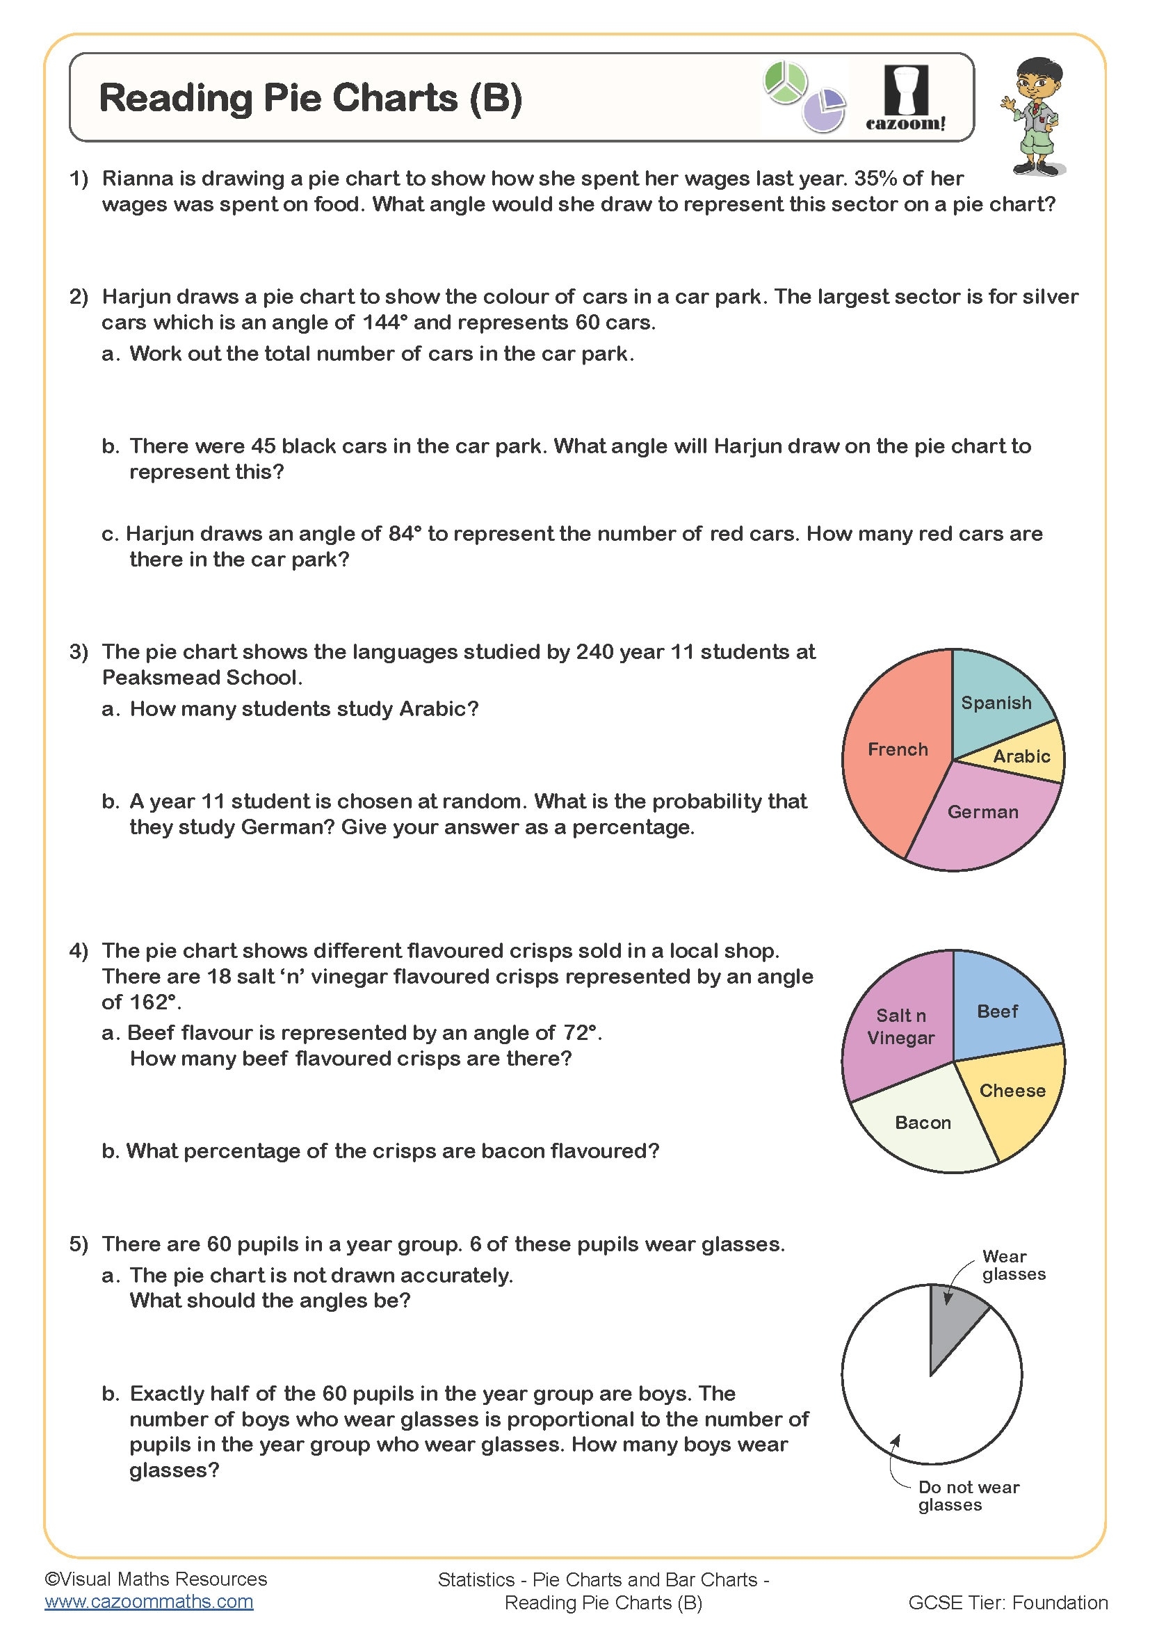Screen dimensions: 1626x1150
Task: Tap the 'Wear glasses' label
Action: (x=1012, y=1265)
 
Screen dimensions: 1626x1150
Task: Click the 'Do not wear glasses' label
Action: (x=967, y=1496)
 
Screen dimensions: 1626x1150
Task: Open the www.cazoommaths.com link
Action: (x=149, y=1602)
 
